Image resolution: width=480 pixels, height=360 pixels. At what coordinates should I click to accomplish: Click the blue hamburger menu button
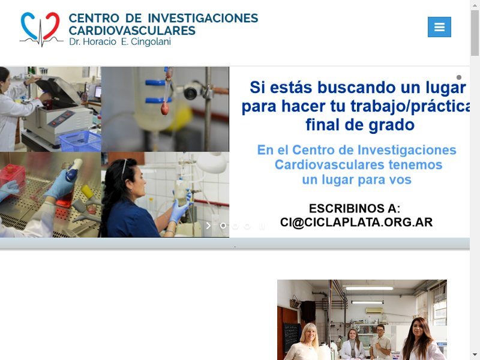(x=439, y=27)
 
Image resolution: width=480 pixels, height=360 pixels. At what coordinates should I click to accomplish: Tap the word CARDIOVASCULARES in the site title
(x=132, y=31)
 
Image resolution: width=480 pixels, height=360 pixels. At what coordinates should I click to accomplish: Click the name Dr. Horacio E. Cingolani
(x=120, y=41)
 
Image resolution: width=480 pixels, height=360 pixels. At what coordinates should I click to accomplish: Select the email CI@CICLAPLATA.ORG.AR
(x=356, y=223)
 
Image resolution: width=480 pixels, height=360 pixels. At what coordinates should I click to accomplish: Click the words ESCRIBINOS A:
(x=355, y=208)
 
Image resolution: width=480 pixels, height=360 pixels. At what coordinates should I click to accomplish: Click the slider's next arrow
(x=208, y=226)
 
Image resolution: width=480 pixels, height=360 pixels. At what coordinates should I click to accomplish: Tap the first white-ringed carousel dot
(x=223, y=226)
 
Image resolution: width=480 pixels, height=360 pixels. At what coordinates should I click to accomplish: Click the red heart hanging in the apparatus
(x=164, y=108)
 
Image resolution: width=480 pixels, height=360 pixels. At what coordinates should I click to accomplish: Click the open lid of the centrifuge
(x=59, y=91)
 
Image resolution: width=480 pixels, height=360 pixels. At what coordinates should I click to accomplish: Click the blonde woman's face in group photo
(x=310, y=333)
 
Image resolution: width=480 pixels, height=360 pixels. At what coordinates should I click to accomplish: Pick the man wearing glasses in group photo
(x=380, y=341)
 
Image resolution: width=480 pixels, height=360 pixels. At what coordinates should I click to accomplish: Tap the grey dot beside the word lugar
(x=459, y=77)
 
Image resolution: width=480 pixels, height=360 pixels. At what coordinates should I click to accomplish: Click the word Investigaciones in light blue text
(x=407, y=151)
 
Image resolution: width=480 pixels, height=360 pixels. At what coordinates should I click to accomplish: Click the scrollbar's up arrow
(x=475, y=5)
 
